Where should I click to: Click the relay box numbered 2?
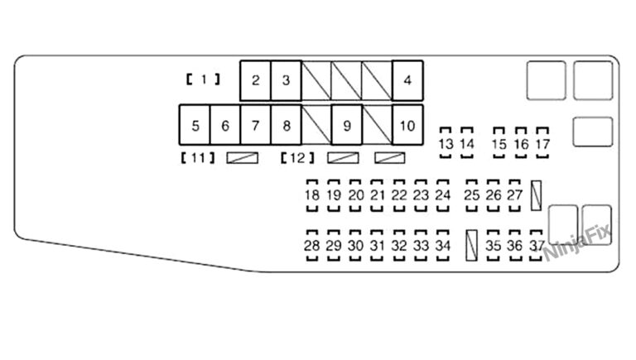coord(256,80)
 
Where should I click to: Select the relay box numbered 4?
coord(407,80)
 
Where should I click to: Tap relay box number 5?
coord(195,126)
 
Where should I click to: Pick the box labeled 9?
coord(347,126)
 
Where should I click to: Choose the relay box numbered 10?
coord(407,126)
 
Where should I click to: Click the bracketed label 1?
coord(203,80)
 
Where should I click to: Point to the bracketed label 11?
coord(197,157)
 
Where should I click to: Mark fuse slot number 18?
coord(312,195)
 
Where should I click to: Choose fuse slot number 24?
coord(443,195)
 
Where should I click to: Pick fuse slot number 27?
coord(515,195)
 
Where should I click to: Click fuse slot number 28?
coord(312,246)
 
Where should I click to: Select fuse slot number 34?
coord(443,246)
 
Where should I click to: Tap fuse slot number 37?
coord(537,246)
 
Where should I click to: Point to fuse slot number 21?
coord(378,195)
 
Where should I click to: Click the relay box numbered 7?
coord(256,126)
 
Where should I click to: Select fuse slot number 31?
coord(378,246)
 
